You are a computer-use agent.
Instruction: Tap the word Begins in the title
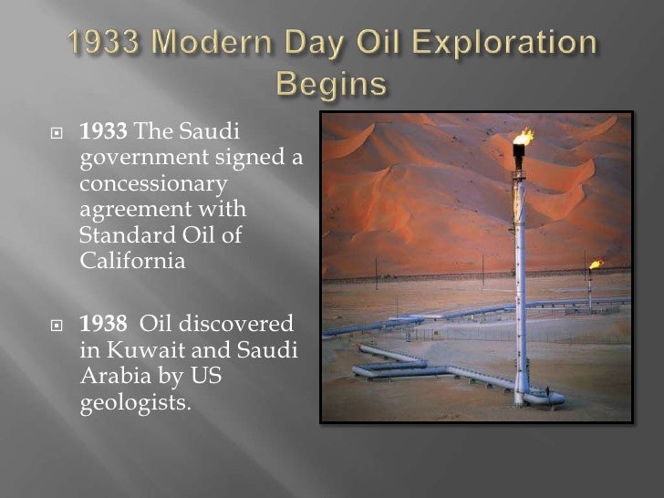(332, 86)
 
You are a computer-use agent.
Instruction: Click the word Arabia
(112, 374)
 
